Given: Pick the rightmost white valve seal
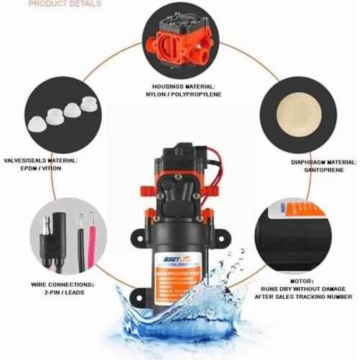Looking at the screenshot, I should click(88, 103).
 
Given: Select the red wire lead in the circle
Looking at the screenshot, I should click(92, 232).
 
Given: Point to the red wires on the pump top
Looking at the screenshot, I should click(214, 169).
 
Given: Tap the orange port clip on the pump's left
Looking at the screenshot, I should click(148, 191).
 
